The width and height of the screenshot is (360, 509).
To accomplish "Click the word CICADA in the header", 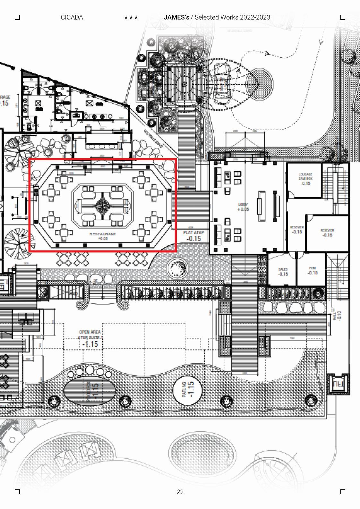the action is tap(72, 17).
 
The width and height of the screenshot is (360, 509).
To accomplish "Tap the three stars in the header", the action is tap(131, 18).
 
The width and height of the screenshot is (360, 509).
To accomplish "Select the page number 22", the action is tap(180, 492).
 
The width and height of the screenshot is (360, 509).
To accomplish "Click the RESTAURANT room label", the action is tap(103, 234).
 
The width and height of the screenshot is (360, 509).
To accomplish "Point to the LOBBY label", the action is tap(243, 204).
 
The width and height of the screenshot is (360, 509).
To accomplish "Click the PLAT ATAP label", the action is tap(193, 233).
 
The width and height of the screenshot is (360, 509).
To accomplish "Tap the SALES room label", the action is tap(283, 269).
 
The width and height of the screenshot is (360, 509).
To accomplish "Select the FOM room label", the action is tap(313, 268).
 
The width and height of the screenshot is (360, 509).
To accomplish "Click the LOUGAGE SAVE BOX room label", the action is tap(305, 176).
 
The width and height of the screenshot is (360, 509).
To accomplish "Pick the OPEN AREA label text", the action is tap(90, 332).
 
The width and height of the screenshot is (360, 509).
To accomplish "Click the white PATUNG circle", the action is tap(188, 389).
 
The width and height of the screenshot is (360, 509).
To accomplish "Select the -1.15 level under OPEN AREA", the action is tap(90, 344).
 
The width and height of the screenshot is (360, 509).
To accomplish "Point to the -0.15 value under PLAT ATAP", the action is tap(193, 239).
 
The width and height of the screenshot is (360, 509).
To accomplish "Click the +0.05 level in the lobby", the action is tap(243, 209).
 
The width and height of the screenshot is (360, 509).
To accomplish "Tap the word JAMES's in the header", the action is tap(176, 17).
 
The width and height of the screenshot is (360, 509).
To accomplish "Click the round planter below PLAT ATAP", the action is tap(177, 268).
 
